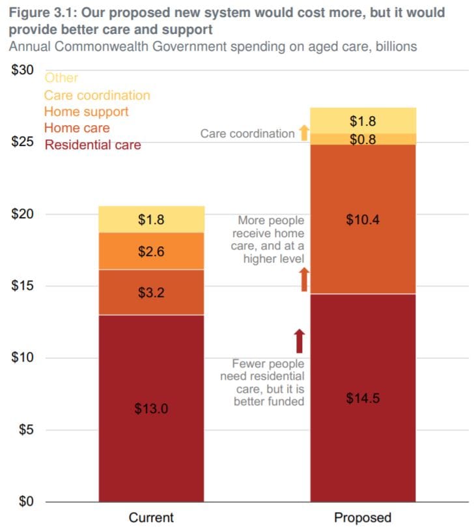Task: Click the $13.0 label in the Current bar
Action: (151, 409)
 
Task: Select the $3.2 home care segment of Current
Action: (151, 293)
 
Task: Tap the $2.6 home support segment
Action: (151, 251)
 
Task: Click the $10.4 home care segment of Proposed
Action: (363, 220)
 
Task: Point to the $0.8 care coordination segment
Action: (363, 139)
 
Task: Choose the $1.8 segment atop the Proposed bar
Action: (363, 121)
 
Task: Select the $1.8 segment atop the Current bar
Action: (151, 220)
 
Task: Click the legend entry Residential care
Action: (92, 145)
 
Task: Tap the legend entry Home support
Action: (87, 111)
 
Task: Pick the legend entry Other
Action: (61, 78)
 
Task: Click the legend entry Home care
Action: (77, 128)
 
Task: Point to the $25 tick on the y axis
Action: (24, 142)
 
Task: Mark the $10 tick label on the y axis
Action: (24, 358)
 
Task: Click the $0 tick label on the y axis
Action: (27, 502)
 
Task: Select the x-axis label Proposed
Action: (363, 518)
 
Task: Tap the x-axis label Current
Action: (151, 518)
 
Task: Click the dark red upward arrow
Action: (299, 341)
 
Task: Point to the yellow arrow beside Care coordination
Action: (303, 133)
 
